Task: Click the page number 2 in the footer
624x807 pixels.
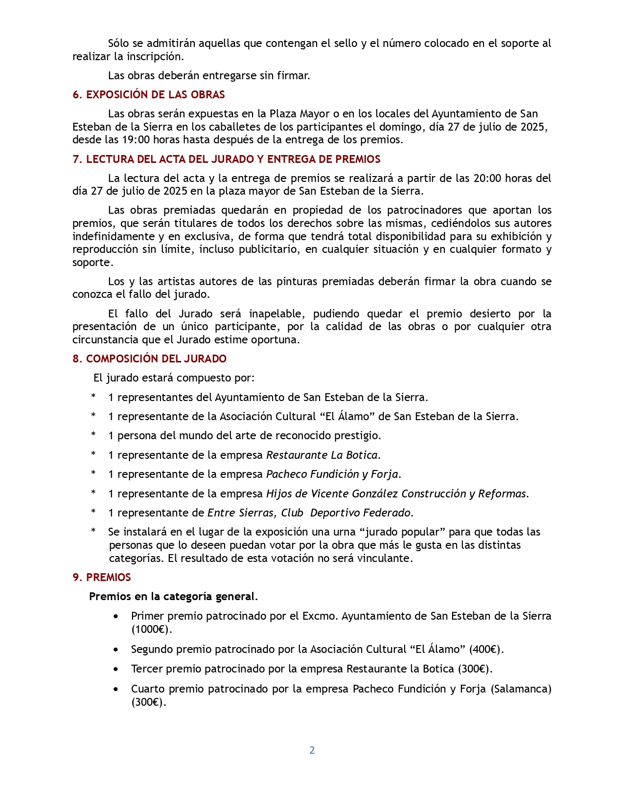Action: (312, 750)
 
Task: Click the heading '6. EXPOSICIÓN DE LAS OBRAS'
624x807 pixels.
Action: (149, 95)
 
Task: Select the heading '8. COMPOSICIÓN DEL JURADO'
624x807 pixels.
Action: (149, 359)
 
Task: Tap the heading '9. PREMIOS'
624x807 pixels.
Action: (102, 578)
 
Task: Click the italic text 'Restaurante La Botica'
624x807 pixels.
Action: (322, 455)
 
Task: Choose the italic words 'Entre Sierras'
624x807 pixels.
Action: (242, 513)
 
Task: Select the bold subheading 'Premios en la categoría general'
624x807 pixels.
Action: (172, 597)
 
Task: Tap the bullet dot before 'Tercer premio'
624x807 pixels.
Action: (116, 669)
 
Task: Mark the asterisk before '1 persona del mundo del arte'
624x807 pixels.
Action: (93, 435)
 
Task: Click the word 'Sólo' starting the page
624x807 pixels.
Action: (118, 44)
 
